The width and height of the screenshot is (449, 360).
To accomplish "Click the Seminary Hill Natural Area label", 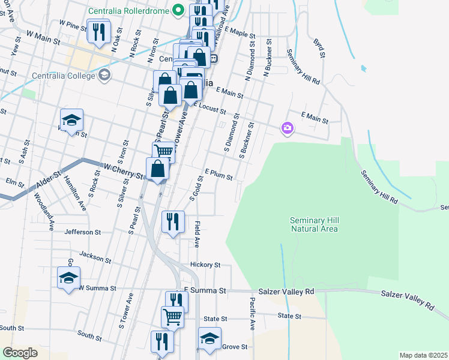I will tap(314, 224).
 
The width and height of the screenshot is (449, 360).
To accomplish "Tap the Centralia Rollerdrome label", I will tap(128, 11).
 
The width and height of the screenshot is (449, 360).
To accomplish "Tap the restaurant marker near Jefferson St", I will tap(173, 222).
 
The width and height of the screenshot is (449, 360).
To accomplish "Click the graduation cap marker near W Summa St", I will tap(68, 277).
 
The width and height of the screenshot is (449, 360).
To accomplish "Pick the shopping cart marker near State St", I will tap(172, 316).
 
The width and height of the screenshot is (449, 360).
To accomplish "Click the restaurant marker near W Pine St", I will tap(98, 31).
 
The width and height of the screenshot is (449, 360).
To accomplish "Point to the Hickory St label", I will tap(205, 265).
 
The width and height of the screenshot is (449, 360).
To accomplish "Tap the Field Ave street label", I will tap(197, 234).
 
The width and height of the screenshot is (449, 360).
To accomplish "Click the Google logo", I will tap(20, 353).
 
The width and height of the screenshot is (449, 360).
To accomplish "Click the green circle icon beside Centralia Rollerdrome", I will tap(178, 10).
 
